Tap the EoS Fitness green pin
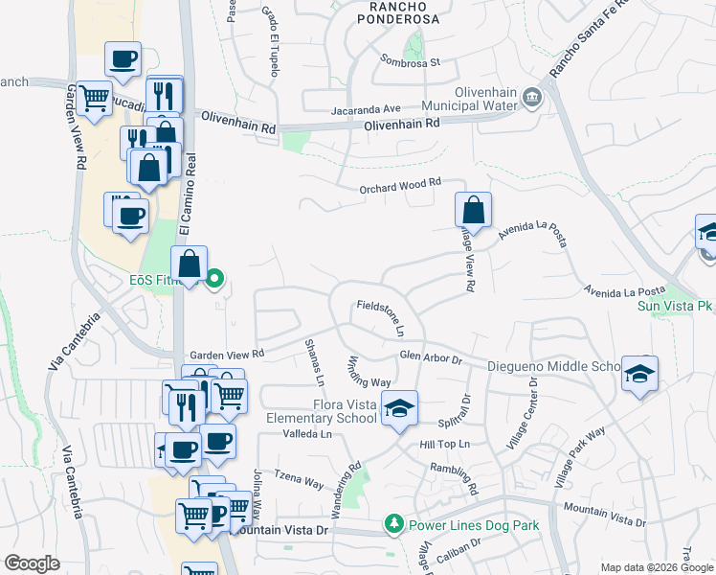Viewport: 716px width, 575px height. (x=215, y=280)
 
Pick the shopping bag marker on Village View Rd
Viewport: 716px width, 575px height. (x=473, y=209)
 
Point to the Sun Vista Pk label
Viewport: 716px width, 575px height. (x=677, y=307)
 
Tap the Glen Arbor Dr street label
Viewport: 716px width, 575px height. (x=431, y=357)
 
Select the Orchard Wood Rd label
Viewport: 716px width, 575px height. (x=400, y=185)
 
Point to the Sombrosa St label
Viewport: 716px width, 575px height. (x=409, y=63)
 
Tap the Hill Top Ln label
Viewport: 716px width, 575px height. (x=444, y=445)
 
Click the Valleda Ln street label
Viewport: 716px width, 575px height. (x=306, y=434)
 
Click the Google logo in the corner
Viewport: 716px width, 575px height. (x=32, y=563)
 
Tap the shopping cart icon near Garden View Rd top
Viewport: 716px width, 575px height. (x=94, y=98)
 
